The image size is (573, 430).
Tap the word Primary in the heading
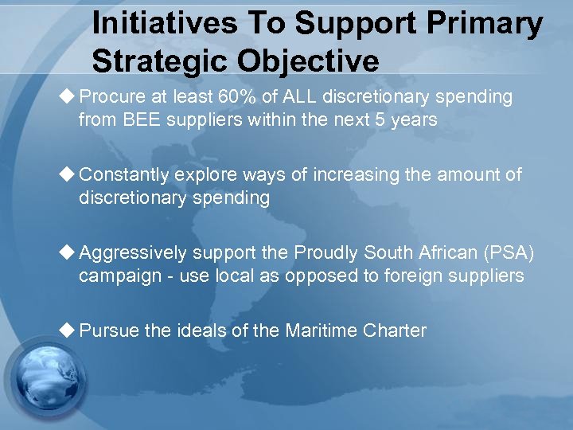pos(485,25)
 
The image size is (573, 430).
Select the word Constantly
pos(125,174)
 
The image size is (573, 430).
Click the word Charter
pos(396,330)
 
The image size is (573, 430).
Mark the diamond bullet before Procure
pos(68,96)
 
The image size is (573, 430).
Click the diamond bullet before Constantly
pos(68,174)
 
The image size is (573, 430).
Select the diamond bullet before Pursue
pos(68,330)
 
